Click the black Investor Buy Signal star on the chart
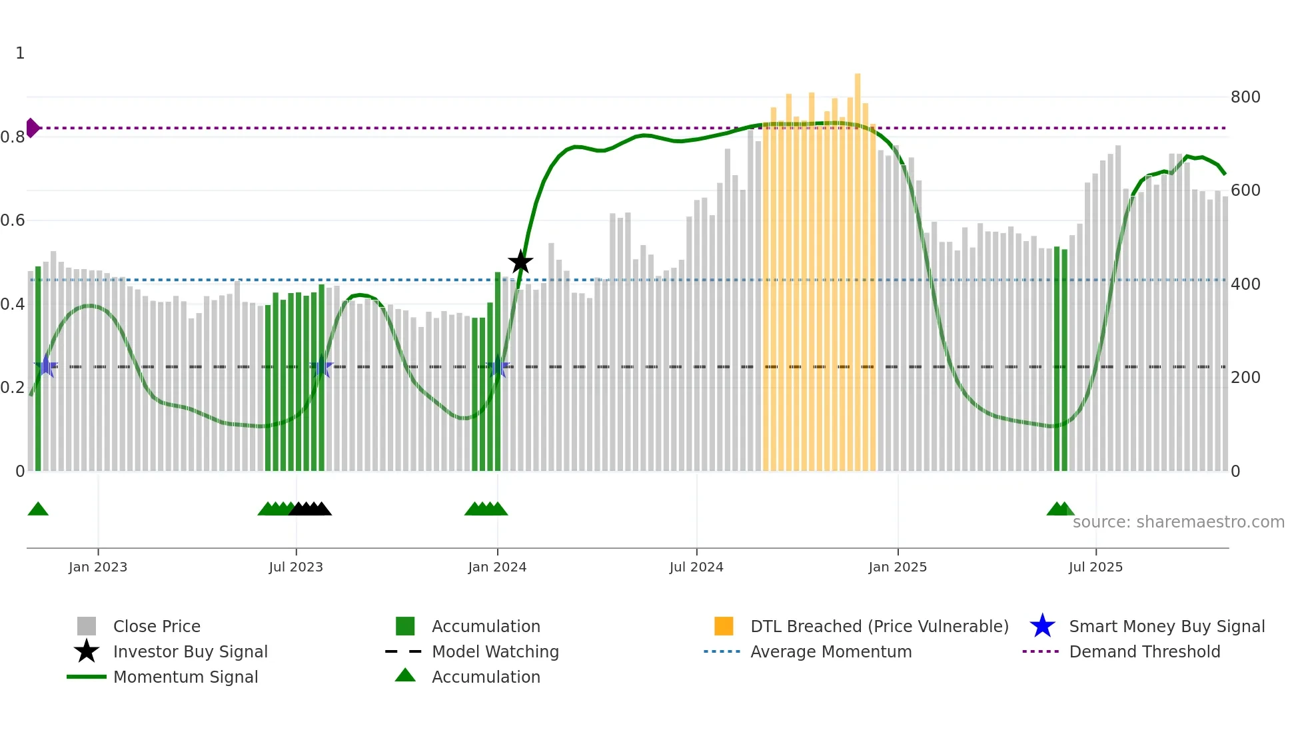(520, 262)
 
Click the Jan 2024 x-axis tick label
(497, 567)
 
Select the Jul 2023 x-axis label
(296, 567)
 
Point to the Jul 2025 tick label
(1095, 567)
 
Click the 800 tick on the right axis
(1245, 97)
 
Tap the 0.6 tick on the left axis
(13, 220)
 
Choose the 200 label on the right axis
(1245, 378)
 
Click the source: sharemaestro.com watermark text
(1178, 522)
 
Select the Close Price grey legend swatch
(87, 626)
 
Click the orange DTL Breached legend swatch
(724, 626)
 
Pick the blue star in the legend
(1042, 626)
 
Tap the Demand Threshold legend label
(1144, 651)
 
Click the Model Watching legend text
(495, 651)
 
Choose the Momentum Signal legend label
(185, 677)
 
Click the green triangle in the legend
(405, 676)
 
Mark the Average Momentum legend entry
(830, 651)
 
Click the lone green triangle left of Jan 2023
(38, 510)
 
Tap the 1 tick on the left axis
(20, 53)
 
